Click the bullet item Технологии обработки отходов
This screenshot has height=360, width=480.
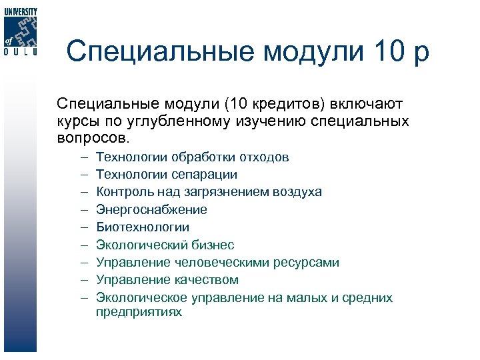192,157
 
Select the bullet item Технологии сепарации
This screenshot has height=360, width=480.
166,175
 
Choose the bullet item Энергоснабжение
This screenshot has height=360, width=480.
151,210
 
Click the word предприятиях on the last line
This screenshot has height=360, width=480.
139,311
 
